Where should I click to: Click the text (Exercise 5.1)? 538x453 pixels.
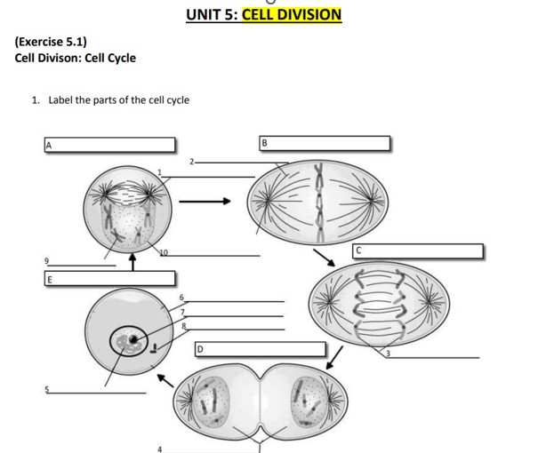pos(51,41)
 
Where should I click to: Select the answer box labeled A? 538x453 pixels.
pos(109,145)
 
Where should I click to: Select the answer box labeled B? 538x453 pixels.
pos(325,144)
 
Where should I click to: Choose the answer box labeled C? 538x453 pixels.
pos(418,251)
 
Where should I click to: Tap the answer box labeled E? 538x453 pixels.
pos(109,279)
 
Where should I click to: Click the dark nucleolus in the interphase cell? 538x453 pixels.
pos(133,339)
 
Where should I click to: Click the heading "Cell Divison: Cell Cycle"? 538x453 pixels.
pos(76,58)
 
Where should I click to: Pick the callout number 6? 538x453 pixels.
pos(181,297)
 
